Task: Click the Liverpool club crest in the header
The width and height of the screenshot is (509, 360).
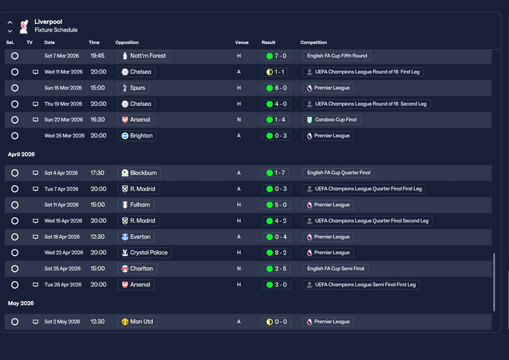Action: coord(24,26)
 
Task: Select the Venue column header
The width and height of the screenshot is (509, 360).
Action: coord(242,43)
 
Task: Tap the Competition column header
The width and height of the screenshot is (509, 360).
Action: coord(314,43)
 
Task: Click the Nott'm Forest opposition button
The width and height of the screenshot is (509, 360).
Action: coord(144,56)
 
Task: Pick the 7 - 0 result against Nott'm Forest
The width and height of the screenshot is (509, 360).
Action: coord(276,56)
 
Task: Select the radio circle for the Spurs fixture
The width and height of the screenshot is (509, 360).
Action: coord(15,88)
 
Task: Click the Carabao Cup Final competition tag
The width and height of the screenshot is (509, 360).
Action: coord(331,120)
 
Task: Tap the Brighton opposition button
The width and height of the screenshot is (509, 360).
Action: coord(137,136)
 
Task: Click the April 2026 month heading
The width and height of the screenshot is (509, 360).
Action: coord(21,154)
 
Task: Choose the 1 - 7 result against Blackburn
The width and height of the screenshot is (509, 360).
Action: coord(276,173)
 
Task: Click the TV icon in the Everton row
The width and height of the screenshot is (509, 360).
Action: coord(35,237)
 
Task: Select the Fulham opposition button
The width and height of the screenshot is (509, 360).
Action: coord(136,205)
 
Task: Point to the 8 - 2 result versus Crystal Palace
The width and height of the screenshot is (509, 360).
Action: coord(276,253)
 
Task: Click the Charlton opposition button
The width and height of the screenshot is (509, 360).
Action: coord(137,269)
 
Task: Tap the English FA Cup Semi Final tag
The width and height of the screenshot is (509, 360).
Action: coord(335,269)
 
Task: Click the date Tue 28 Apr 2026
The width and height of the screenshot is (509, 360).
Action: coord(63,285)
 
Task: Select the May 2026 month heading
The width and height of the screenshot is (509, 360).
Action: coord(21,304)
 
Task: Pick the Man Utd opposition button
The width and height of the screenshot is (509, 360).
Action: coord(137,322)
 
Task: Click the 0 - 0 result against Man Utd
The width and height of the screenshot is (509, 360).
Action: coord(276,322)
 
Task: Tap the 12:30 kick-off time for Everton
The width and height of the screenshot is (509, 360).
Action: coord(97,237)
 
